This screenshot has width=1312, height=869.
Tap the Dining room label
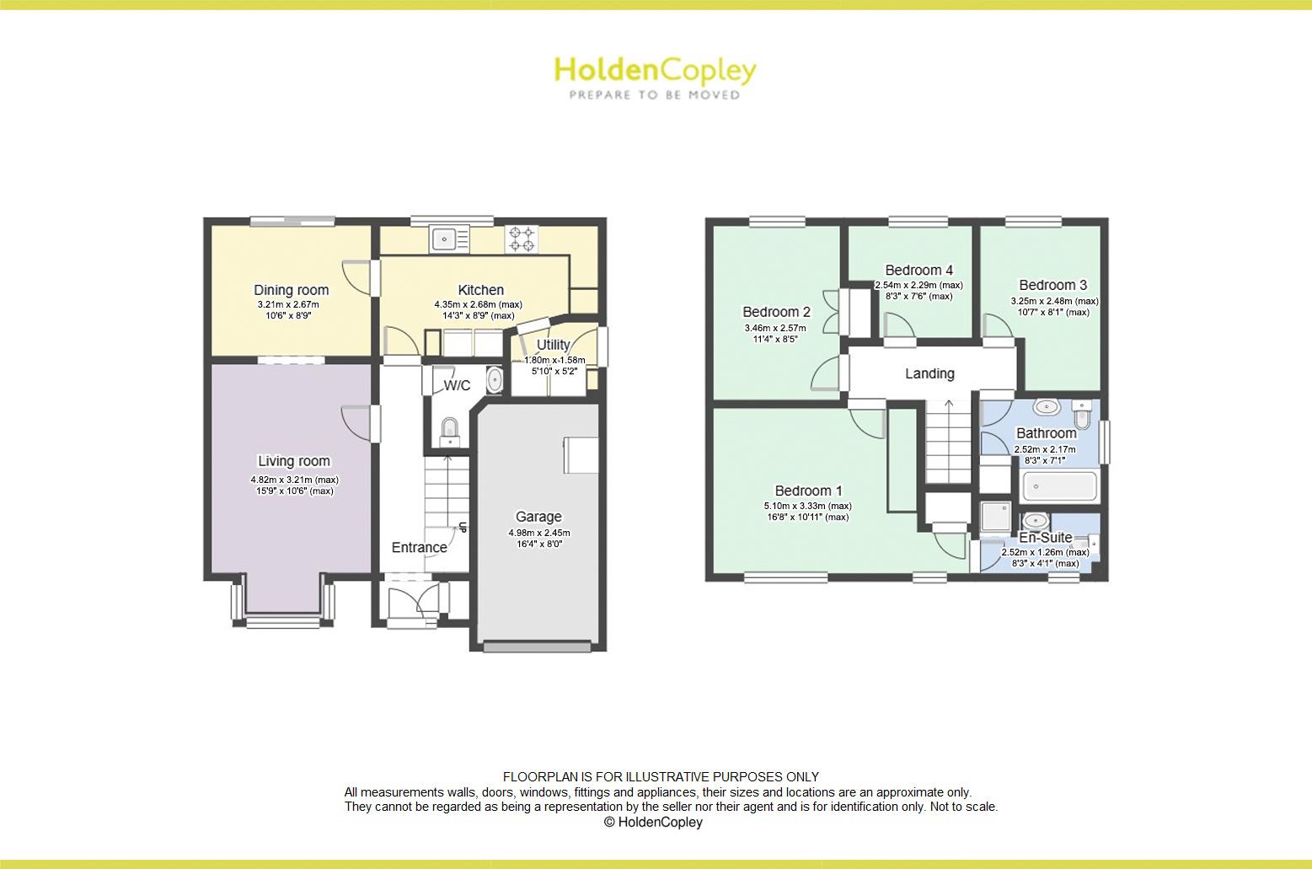[x=292, y=290]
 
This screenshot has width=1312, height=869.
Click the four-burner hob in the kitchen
[x=521, y=239]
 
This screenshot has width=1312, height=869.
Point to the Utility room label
[x=553, y=345]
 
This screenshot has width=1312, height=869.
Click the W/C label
[x=457, y=385]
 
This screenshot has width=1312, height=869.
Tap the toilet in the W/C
[x=450, y=430]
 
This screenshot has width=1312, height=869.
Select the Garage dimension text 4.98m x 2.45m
[x=539, y=533]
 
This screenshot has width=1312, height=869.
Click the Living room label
[x=294, y=461]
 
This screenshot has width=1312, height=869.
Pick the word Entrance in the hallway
[x=419, y=548]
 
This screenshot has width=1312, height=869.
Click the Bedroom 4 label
[x=918, y=271]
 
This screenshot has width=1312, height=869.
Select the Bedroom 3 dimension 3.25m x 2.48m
[x=1054, y=301]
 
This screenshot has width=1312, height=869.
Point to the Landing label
[x=929, y=373]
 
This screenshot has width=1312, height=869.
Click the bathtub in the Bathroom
[x=1059, y=486]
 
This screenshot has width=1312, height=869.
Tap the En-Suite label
[x=1046, y=538]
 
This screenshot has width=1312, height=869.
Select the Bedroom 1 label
[x=808, y=491]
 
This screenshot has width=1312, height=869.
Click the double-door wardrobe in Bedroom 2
[x=859, y=313]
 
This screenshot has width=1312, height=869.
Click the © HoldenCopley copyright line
[x=653, y=822]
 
